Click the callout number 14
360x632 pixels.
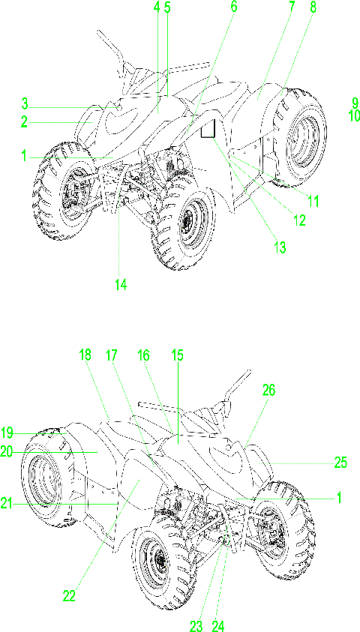tap(121, 285)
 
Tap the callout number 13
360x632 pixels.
tap(279, 247)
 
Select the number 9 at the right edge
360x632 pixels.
tap(355, 103)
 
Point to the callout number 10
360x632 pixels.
tap(354, 115)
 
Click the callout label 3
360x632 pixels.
tap(25, 104)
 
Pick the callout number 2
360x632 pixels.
tap(24, 121)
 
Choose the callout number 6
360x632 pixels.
tap(234, 7)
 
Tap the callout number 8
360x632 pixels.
tap(313, 7)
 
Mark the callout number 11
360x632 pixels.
tap(312, 200)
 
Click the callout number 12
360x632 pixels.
tap(298, 220)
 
